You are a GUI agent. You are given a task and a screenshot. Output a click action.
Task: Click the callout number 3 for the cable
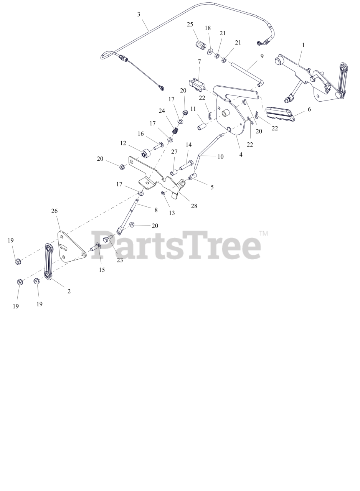[x=139, y=15]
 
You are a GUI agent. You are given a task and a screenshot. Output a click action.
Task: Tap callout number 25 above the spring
[x=190, y=25]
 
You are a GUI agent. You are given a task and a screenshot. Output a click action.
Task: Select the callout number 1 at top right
[x=303, y=45]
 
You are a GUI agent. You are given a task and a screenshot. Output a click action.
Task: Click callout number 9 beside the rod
[x=262, y=56]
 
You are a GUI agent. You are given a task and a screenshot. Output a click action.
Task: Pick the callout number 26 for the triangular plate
[x=54, y=211]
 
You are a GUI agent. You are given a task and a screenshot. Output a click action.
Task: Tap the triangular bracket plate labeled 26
[x=71, y=247]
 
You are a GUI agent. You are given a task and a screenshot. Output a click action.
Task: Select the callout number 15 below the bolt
[x=102, y=270]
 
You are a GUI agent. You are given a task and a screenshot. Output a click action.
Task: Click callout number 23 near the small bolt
[x=120, y=260]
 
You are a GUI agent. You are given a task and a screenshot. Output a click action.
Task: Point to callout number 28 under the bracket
[x=194, y=206]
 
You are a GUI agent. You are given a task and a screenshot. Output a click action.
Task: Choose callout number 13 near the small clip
[x=172, y=213]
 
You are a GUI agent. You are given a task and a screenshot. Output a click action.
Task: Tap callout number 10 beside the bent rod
[x=220, y=157]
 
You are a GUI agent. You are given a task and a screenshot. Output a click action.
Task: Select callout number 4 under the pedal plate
[x=241, y=155]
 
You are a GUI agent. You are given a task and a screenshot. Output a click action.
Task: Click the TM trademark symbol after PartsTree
[x=263, y=233]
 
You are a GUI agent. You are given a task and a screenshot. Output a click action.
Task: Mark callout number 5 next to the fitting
[x=212, y=187]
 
